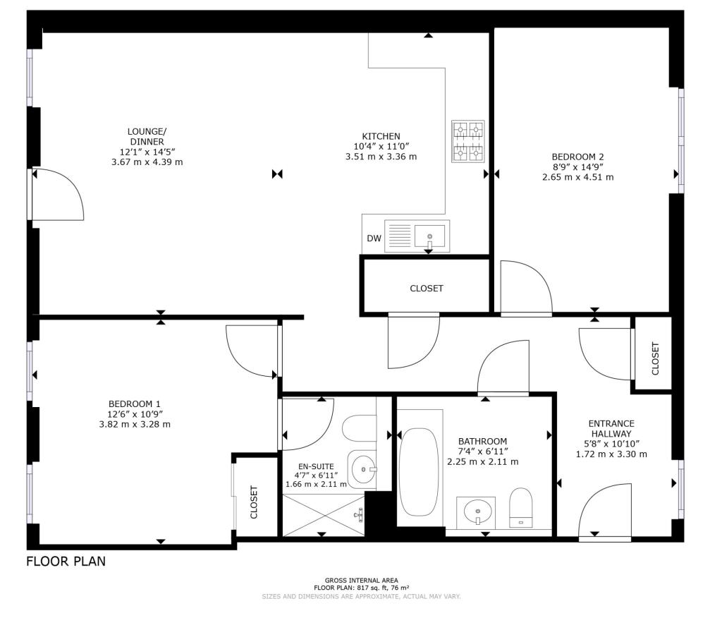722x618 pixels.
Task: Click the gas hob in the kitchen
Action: [x=468, y=141]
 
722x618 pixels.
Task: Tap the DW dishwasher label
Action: [x=374, y=238]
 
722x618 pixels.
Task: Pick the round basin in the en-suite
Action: [x=364, y=470]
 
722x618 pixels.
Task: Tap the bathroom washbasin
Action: [x=477, y=511]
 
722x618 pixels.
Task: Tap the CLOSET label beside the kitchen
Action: [x=427, y=289]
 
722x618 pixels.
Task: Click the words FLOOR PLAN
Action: [x=66, y=562]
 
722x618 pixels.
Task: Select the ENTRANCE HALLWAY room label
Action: [x=611, y=429]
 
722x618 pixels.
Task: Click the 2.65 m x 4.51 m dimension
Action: [x=578, y=177]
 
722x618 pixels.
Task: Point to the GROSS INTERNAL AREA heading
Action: [x=362, y=581]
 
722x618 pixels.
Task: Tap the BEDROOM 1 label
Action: [x=135, y=404]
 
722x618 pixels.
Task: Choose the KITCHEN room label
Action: [x=381, y=136]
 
